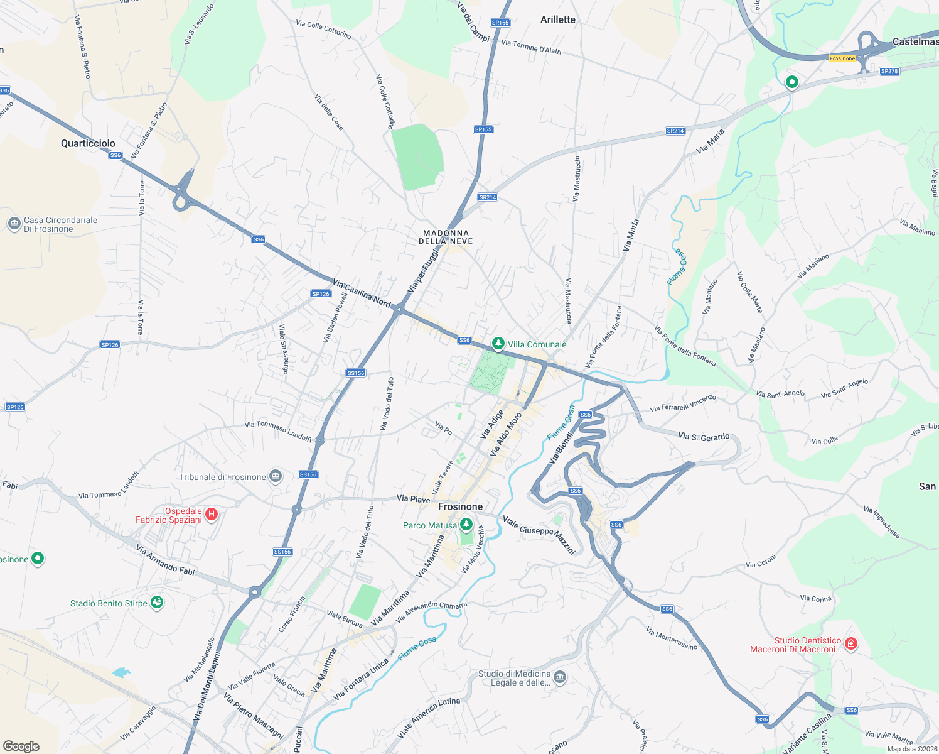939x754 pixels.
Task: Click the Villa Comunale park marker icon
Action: click(x=498, y=344)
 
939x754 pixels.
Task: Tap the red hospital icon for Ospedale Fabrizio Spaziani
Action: click(x=212, y=515)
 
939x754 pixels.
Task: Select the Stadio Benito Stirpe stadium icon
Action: click(x=157, y=603)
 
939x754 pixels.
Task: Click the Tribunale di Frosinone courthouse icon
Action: click(x=275, y=477)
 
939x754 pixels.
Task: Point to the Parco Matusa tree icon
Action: click(x=466, y=525)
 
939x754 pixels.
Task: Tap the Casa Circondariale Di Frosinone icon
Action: click(x=14, y=224)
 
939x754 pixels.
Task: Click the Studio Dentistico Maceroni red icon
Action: click(x=850, y=644)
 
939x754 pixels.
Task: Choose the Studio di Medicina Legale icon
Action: click(x=560, y=677)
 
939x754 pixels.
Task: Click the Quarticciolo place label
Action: click(x=88, y=143)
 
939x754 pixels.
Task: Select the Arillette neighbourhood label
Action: click(x=557, y=19)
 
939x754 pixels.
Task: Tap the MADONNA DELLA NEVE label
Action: click(x=446, y=237)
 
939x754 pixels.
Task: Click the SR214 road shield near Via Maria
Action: click(x=675, y=131)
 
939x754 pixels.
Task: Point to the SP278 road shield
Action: click(x=889, y=71)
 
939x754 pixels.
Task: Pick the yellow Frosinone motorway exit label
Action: click(x=842, y=58)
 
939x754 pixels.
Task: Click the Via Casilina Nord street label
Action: click(x=362, y=293)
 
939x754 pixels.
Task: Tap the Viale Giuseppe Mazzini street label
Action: click(x=539, y=535)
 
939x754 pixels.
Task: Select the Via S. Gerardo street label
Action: click(x=704, y=436)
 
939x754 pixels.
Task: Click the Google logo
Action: click(x=21, y=746)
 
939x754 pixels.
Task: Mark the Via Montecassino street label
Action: click(x=671, y=638)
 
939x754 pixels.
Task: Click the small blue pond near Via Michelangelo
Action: click(x=121, y=673)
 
